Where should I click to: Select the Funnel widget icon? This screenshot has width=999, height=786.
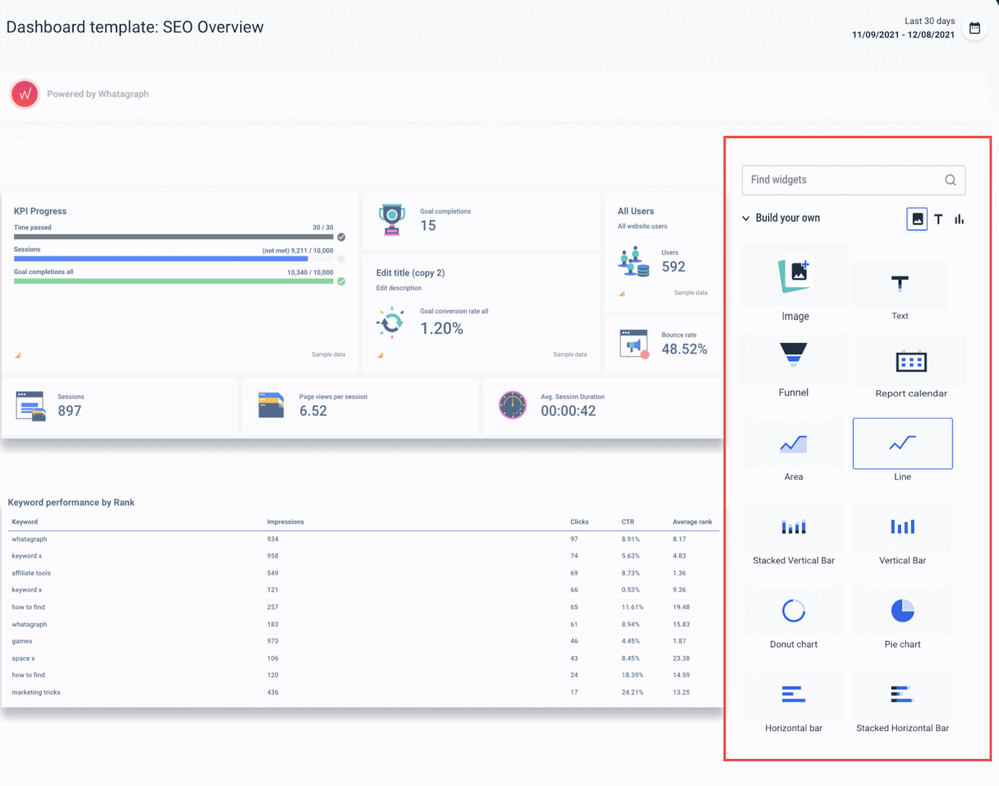point(793,353)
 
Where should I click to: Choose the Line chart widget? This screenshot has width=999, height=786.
point(902,444)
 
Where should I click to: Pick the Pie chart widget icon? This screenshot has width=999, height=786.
point(902,611)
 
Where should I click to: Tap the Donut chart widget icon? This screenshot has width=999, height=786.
point(793,611)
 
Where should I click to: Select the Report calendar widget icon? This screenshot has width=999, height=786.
point(911,361)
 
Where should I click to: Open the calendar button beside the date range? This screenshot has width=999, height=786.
point(975,28)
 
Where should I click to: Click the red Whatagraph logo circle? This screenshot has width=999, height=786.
point(25,94)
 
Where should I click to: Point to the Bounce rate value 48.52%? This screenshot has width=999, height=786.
point(684,349)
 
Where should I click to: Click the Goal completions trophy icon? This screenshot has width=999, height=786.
point(392,219)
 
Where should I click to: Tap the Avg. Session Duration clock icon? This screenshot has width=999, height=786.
point(513,405)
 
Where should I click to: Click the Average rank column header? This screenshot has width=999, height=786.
point(692,522)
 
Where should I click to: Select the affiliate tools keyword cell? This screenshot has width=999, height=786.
point(31,574)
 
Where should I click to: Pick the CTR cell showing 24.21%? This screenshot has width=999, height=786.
point(632,693)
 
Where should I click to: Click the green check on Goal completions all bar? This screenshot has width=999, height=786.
point(341,282)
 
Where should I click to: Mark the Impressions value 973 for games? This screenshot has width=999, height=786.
point(273,642)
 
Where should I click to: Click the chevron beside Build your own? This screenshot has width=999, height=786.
point(746,219)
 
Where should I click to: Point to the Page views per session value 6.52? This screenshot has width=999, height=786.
point(313,411)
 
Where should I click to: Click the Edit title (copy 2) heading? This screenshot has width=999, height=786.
point(410,273)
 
